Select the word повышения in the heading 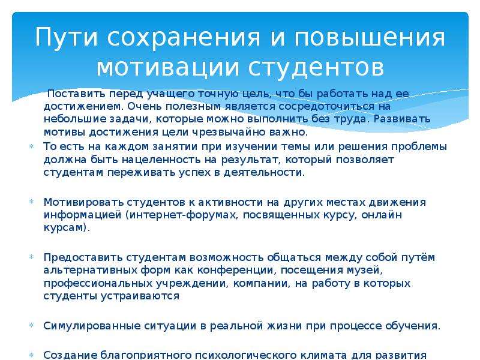coord(370,37)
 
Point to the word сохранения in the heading coord(184,37)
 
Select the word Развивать coord(402,119)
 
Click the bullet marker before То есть coord(31,146)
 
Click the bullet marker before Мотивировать coord(31,202)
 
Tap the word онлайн coord(382,215)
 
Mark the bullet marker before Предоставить coord(31,257)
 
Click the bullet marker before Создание coord(31,355)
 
